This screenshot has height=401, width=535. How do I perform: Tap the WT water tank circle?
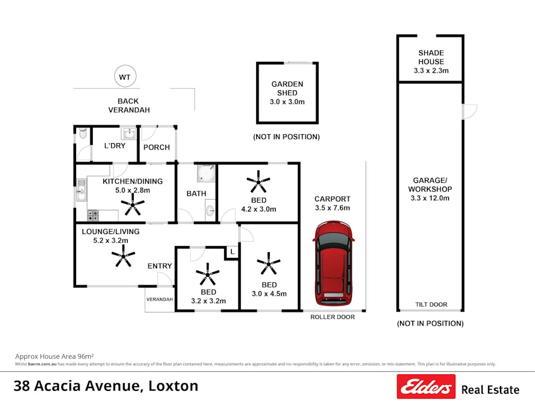click(125, 77)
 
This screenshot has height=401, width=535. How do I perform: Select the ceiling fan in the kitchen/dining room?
click(133, 206)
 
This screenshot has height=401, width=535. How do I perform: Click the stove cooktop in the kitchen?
click(93, 215)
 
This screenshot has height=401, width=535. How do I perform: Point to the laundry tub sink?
click(129, 134)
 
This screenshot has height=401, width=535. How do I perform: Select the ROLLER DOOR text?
click(332, 317)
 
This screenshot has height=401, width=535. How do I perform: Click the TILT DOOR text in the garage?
click(430, 305)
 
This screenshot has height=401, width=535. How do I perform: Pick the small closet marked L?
click(231, 253)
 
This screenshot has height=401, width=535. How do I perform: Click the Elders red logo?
click(426, 387)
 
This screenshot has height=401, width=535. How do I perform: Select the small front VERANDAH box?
click(159, 300)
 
